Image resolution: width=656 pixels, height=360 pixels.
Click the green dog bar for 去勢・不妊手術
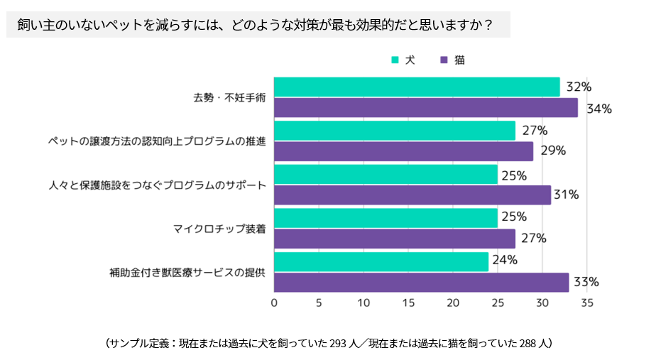[417, 87]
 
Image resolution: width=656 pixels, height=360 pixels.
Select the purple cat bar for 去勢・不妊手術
[426, 108]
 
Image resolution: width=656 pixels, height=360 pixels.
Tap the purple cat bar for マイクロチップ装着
[395, 239]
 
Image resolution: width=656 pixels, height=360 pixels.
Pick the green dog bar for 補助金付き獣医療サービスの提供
[381, 261]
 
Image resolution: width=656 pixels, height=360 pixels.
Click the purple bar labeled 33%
[421, 283]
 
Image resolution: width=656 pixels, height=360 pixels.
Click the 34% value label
[594, 109]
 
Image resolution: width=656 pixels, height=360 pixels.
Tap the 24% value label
[505, 260]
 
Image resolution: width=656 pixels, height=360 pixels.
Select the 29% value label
[549, 151]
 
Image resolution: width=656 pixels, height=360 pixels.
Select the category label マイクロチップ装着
[219, 228]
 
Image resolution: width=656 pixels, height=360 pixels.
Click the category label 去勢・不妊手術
[229, 98]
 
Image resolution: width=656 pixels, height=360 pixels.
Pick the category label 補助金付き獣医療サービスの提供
[187, 272]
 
